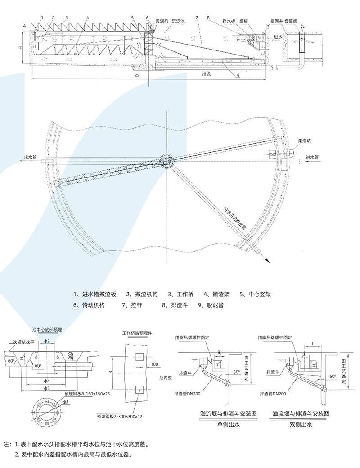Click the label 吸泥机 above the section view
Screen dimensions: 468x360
click(x=162, y=21)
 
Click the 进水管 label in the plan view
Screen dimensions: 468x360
click(x=312, y=158)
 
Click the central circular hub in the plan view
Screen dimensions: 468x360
click(x=167, y=161)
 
